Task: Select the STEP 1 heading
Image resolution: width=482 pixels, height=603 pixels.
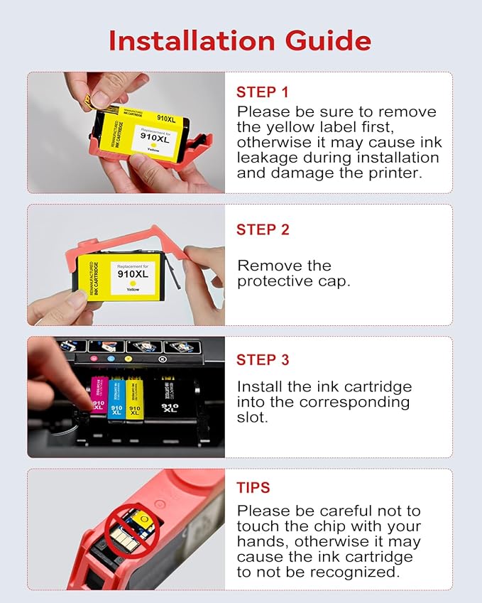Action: (263, 92)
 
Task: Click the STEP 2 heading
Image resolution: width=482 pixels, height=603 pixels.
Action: (263, 229)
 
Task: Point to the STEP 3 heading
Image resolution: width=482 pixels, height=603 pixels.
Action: (263, 360)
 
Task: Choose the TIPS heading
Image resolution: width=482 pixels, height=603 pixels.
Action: (253, 488)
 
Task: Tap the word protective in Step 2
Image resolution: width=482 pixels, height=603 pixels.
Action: (275, 281)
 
